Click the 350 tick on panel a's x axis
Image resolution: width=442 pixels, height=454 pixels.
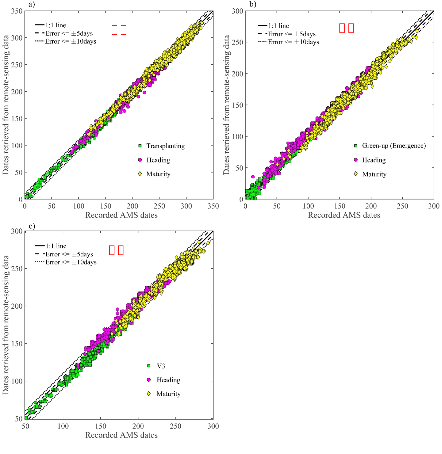click(x=213, y=206)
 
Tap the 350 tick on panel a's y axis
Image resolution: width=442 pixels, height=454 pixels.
click(x=17, y=11)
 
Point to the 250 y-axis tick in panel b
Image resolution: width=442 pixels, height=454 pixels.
click(x=238, y=42)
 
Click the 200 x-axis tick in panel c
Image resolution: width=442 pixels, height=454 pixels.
click(x=138, y=426)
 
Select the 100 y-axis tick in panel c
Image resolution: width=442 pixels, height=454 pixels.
click(x=17, y=381)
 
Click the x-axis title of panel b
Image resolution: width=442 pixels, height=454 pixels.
click(x=344, y=215)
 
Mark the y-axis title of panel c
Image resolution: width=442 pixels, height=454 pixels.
click(x=6, y=325)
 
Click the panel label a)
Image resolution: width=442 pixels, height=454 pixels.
click(x=32, y=4)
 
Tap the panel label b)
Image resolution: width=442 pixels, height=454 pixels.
click(x=253, y=4)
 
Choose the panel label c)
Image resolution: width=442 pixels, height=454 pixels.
click(x=32, y=226)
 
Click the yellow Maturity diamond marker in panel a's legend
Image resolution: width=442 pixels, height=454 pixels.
click(x=140, y=174)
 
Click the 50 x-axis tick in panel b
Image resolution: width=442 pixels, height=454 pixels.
click(x=277, y=206)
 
